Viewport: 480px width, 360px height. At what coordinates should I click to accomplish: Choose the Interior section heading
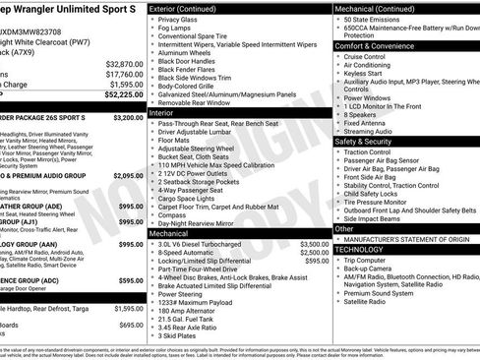[x=161, y=113]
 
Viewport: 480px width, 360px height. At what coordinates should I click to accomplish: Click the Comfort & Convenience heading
[x=379, y=45]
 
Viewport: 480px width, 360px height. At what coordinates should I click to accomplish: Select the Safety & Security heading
[x=370, y=141]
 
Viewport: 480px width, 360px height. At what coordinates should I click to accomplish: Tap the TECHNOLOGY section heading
[x=360, y=249]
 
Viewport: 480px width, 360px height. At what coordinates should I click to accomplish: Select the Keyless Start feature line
[x=365, y=74]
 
